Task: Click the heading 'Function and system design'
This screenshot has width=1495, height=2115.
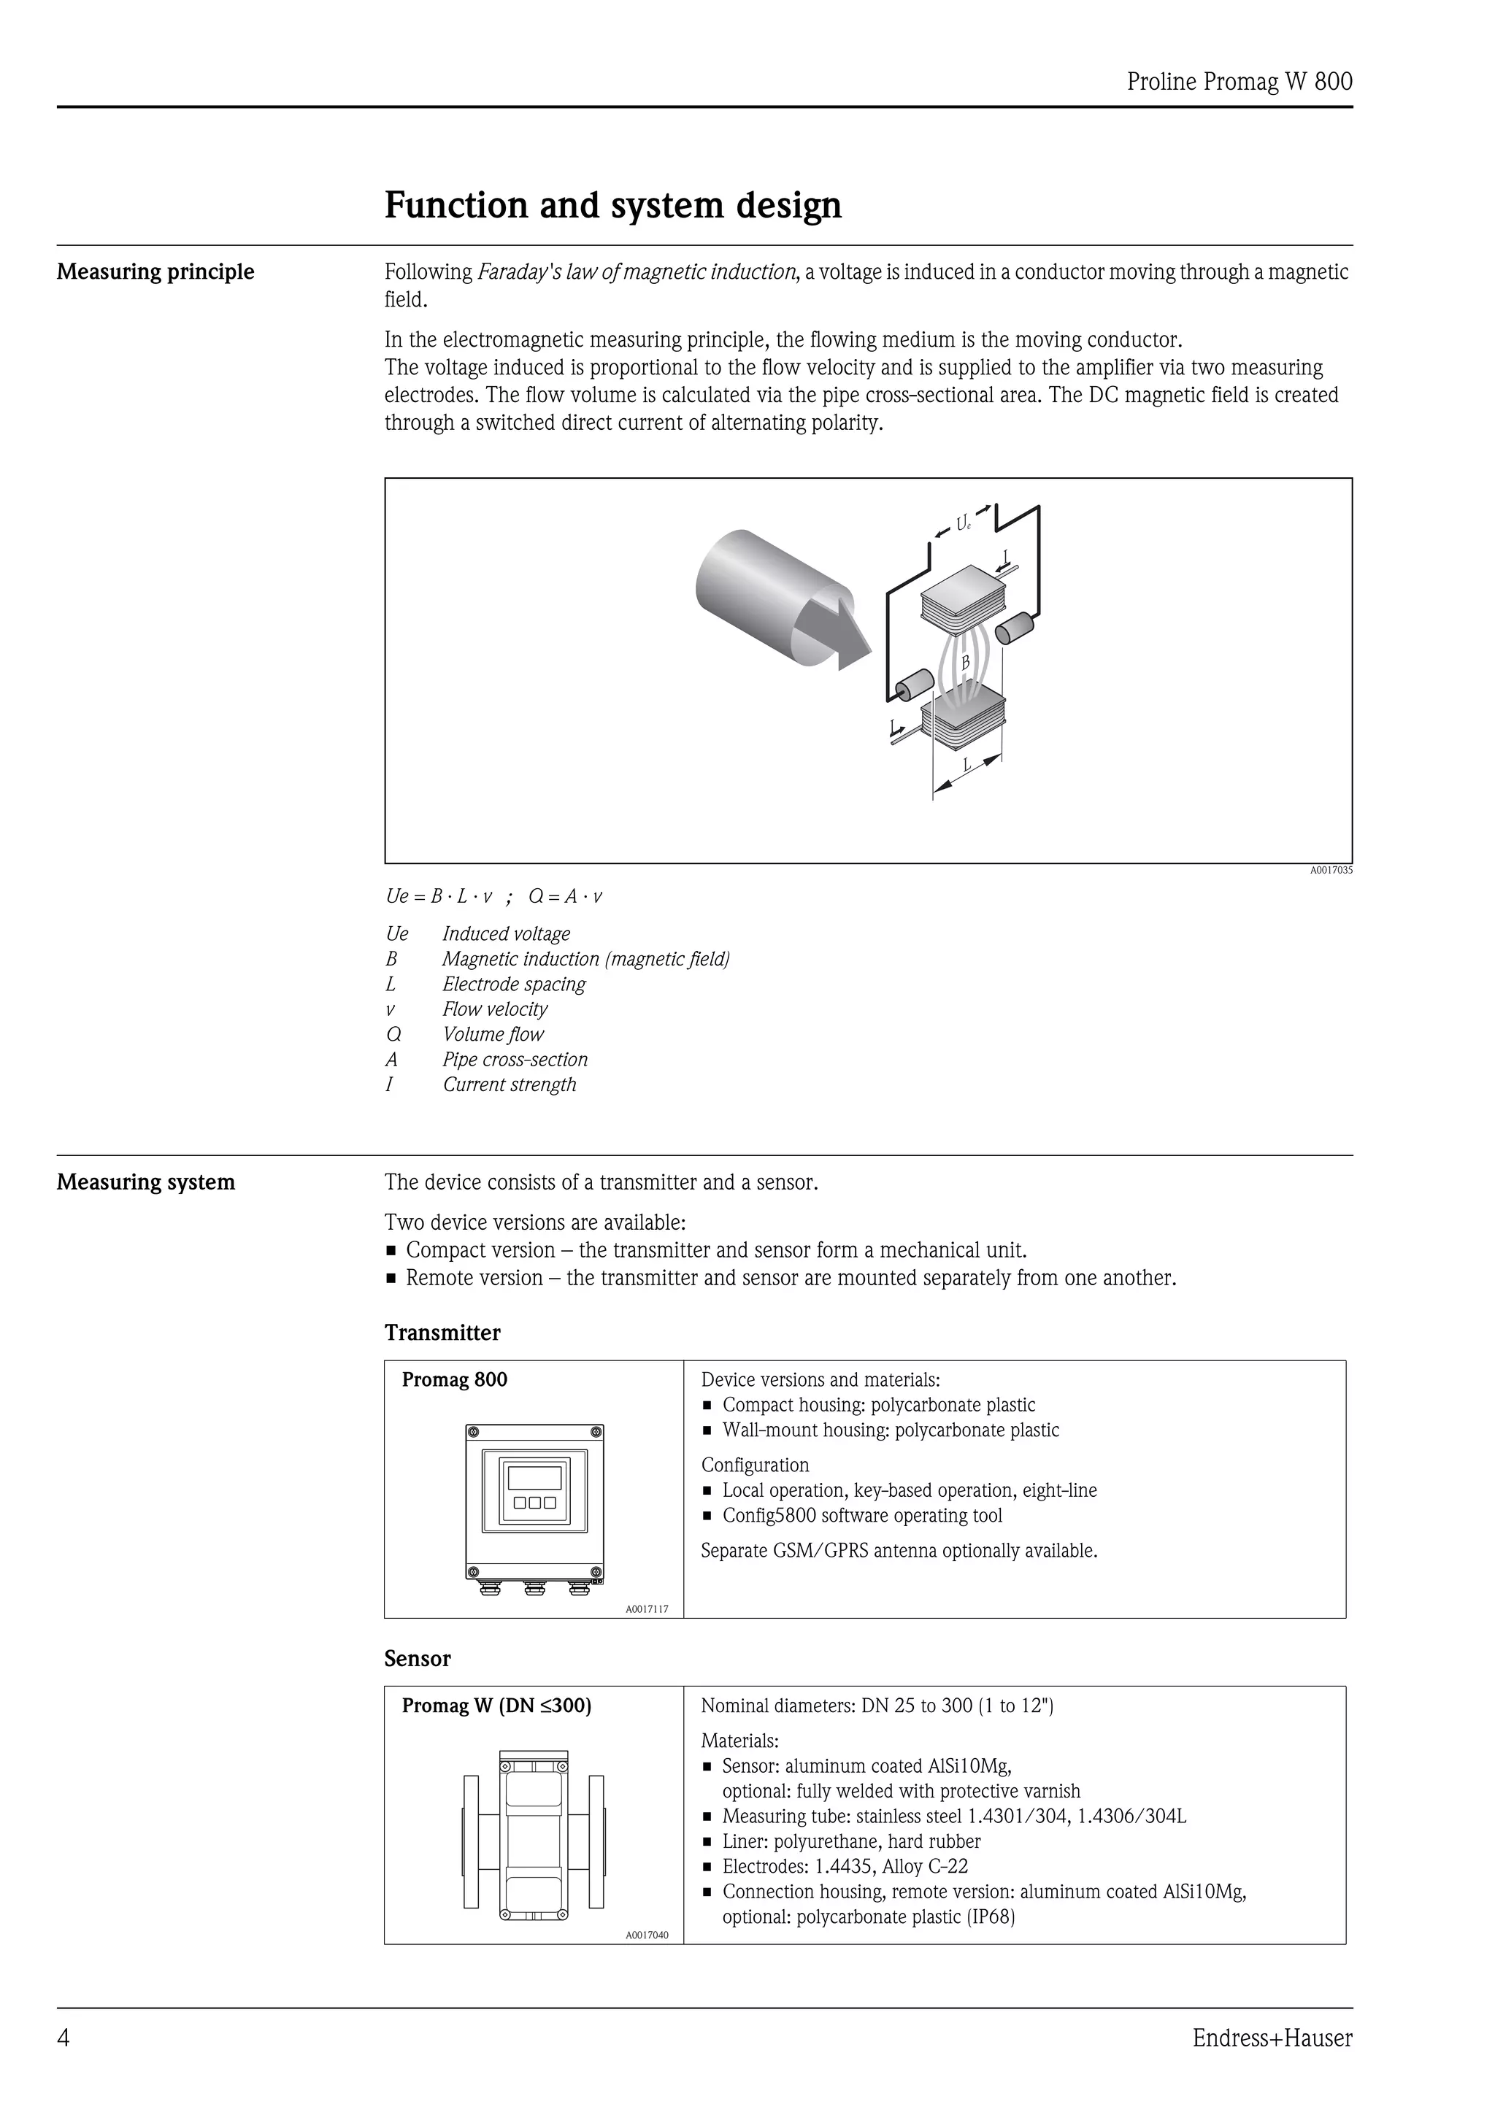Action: click(x=612, y=205)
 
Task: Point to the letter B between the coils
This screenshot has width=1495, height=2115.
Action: click(x=965, y=663)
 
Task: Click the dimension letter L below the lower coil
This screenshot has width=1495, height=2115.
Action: click(x=967, y=765)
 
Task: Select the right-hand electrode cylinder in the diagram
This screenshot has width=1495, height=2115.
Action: click(x=1015, y=630)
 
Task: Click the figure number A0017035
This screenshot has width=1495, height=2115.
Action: click(x=1331, y=871)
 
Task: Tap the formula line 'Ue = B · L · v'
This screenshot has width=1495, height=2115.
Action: click(x=439, y=896)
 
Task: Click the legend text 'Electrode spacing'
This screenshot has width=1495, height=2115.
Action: click(x=514, y=984)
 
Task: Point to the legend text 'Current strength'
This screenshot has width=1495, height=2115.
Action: click(x=510, y=1085)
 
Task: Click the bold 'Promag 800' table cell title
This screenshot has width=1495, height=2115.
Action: click(x=454, y=1380)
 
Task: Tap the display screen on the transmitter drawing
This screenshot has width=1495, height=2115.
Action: click(x=534, y=1478)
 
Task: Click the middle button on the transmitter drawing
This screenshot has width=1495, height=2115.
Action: click(x=534, y=1503)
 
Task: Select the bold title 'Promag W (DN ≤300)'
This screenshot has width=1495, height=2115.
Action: click(x=496, y=1706)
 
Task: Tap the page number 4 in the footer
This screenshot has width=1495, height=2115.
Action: click(x=64, y=2038)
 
